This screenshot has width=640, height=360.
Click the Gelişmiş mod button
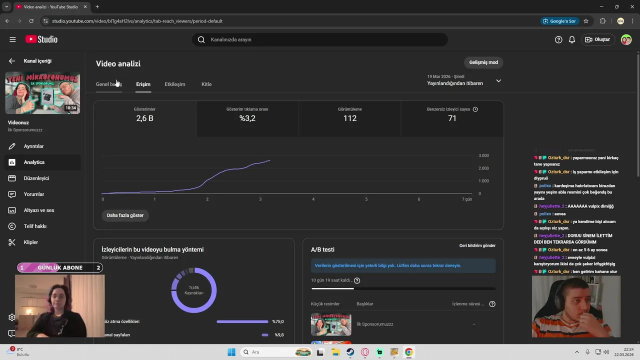[x=483, y=62]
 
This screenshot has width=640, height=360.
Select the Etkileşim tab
[x=175, y=84]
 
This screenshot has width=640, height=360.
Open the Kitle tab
[x=206, y=84]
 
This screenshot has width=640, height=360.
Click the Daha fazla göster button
[x=125, y=215]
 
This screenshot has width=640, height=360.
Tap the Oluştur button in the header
[x=597, y=39]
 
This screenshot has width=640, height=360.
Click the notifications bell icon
[x=572, y=39]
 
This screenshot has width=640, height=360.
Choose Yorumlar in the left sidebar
[x=34, y=194]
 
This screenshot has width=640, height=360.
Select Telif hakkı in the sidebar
[x=35, y=226]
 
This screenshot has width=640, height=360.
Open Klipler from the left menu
[x=31, y=242]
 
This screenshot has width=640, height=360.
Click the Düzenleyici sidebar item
[x=36, y=178]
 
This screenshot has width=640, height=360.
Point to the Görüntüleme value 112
[x=350, y=118]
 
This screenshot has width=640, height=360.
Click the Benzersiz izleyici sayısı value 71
[x=452, y=118]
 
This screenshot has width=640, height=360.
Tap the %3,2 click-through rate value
[x=247, y=118]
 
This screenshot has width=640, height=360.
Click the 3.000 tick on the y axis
[x=483, y=155]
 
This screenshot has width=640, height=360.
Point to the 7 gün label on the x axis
[x=466, y=199]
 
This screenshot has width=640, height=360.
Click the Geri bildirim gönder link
[x=477, y=245]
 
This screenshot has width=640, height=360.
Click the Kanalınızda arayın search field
[x=320, y=39]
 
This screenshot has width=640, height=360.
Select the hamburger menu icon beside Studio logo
[x=12, y=39]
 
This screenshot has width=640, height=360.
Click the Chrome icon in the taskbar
[x=409, y=352]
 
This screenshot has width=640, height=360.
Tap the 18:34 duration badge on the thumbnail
[x=70, y=107]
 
